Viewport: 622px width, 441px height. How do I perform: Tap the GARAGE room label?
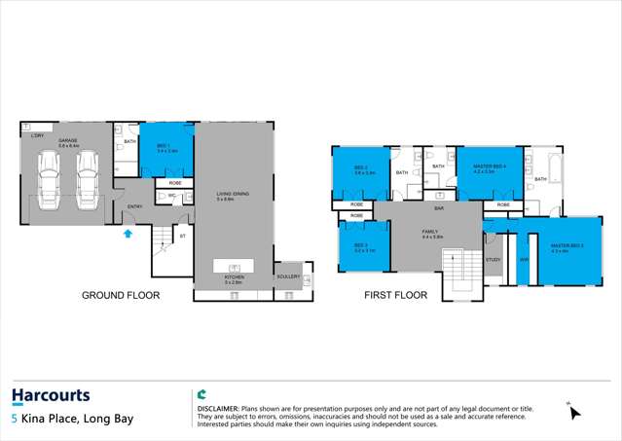[67, 140]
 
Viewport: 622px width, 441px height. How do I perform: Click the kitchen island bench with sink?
[233, 266]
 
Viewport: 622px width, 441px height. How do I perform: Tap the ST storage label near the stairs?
[182, 236]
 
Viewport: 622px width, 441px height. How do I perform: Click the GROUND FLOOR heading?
[120, 295]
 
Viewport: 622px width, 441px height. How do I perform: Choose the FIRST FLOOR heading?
[396, 295]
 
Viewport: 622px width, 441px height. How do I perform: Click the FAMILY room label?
[432, 232]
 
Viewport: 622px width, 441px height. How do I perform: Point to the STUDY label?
[494, 260]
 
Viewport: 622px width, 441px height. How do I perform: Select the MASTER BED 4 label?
[490, 166]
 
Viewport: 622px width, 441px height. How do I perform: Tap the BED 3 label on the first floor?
[360, 245]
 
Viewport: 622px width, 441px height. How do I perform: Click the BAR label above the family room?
[439, 207]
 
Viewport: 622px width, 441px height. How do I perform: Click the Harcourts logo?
[51, 395]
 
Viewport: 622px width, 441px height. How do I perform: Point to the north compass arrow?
[574, 412]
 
